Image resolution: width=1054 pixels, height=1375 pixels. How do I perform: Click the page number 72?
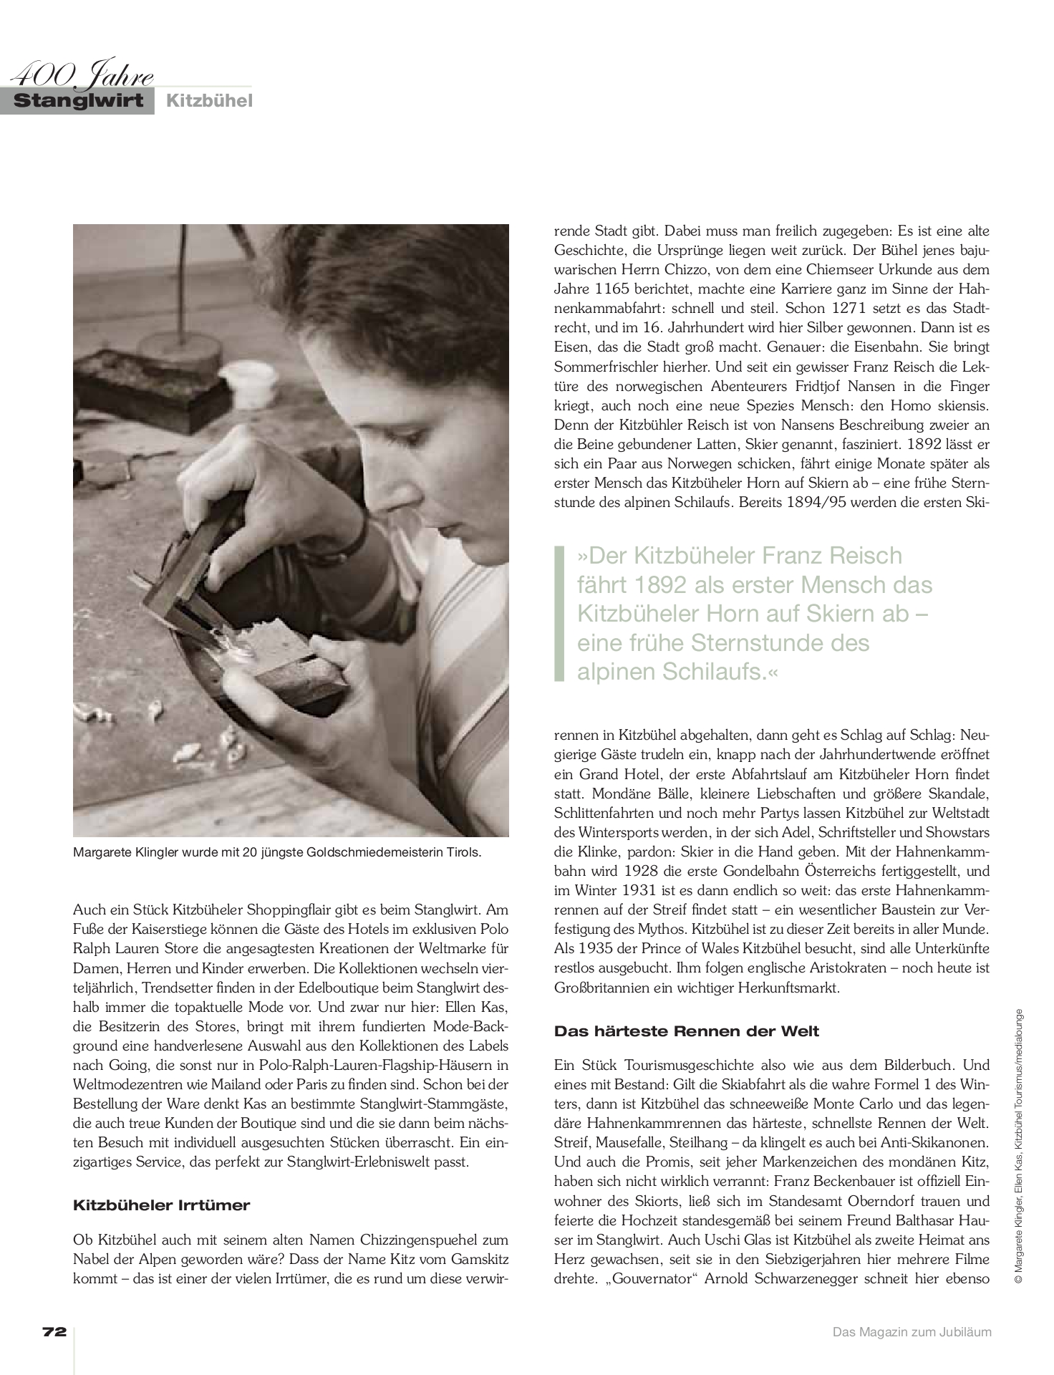(x=54, y=1332)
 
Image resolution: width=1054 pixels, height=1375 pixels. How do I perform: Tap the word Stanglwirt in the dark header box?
(x=78, y=101)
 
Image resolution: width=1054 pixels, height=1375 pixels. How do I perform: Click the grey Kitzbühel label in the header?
(x=209, y=101)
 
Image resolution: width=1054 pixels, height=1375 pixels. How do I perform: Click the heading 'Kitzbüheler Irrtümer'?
(x=161, y=1205)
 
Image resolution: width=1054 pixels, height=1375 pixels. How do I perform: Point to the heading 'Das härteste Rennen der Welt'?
(x=687, y=1032)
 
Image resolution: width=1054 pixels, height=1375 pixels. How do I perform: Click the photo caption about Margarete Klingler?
(x=278, y=853)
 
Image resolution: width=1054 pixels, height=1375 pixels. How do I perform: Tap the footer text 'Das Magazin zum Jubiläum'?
(x=912, y=1332)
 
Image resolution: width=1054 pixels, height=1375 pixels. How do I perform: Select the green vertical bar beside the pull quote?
(x=559, y=614)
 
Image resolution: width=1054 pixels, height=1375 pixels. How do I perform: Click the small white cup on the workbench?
(x=243, y=380)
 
